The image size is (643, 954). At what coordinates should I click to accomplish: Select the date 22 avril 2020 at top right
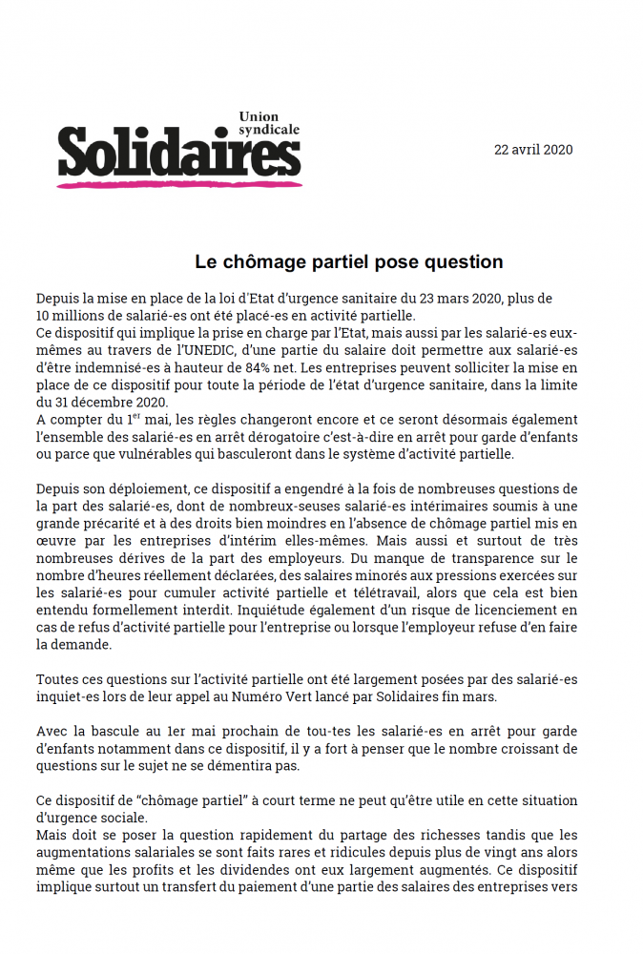(x=533, y=150)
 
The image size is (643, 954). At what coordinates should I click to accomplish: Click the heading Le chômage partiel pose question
(x=348, y=261)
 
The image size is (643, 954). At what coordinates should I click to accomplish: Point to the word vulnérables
(x=163, y=454)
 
